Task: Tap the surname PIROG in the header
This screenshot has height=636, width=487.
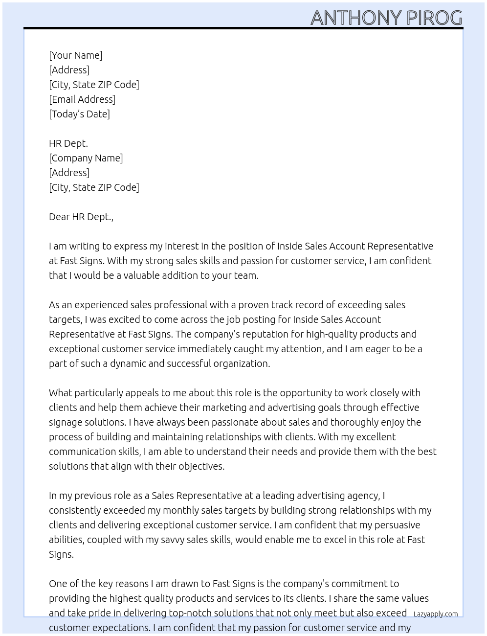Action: click(x=434, y=18)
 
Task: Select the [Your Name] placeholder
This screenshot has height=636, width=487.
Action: click(x=75, y=55)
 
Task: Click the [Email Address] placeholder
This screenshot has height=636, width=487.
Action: click(x=82, y=99)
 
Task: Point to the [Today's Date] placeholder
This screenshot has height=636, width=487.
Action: click(x=79, y=114)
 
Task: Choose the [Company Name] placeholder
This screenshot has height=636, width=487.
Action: click(x=86, y=158)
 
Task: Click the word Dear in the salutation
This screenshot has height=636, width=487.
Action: click(x=59, y=217)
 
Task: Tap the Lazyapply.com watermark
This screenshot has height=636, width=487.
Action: click(x=436, y=614)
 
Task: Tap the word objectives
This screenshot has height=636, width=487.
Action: click(x=201, y=466)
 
